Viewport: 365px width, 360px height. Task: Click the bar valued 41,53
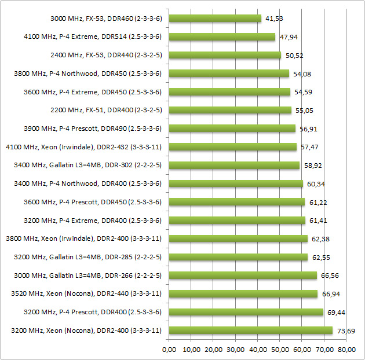point(215,19)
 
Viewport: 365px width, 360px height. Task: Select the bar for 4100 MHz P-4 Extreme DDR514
point(222,37)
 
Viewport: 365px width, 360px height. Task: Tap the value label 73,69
point(344,330)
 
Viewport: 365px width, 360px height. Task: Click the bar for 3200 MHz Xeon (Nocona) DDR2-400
point(250,330)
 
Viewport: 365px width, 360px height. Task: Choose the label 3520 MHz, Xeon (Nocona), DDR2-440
point(86,293)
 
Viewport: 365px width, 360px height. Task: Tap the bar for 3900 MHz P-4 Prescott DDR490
point(232,128)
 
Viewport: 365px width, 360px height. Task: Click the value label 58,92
point(313,166)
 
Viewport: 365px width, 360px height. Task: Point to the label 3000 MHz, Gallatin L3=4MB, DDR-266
point(86,275)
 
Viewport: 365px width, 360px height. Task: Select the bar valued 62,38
point(238,238)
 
